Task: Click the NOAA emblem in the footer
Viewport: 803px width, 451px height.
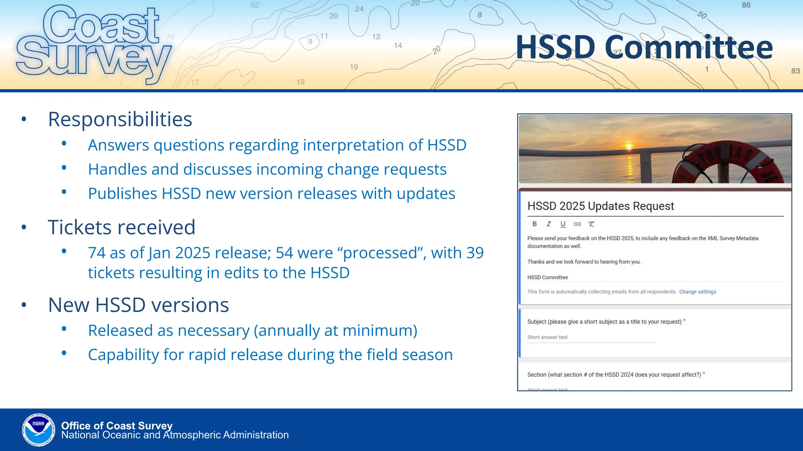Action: click(x=38, y=429)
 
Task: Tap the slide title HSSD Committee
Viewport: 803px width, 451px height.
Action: click(x=644, y=48)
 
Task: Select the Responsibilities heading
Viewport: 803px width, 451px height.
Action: click(x=120, y=119)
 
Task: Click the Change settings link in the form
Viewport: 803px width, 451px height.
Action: click(x=698, y=292)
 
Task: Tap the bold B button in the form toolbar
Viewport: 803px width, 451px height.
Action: click(x=534, y=224)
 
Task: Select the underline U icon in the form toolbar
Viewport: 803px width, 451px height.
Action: click(x=563, y=224)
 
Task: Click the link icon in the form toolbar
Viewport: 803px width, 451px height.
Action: click(x=577, y=224)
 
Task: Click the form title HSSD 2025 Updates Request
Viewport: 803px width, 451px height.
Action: click(x=600, y=206)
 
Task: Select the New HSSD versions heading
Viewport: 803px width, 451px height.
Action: click(x=138, y=305)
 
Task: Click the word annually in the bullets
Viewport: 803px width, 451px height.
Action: click(x=288, y=330)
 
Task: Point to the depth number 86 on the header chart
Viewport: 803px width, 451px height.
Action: click(x=746, y=5)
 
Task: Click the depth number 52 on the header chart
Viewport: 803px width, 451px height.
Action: click(x=255, y=5)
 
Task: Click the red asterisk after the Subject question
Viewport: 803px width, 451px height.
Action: click(x=684, y=321)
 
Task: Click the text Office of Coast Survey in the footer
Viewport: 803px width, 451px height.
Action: click(x=117, y=426)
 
